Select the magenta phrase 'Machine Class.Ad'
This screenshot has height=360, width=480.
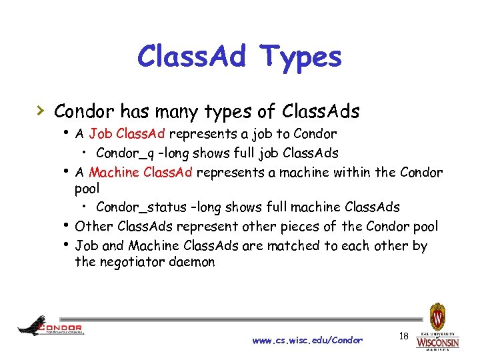141,173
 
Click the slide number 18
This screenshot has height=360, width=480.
403,337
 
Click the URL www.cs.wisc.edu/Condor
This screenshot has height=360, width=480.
307,340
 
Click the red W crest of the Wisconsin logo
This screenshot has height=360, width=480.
437,315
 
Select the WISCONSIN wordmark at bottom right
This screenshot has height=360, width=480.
437,343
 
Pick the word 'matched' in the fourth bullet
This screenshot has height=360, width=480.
293,245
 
